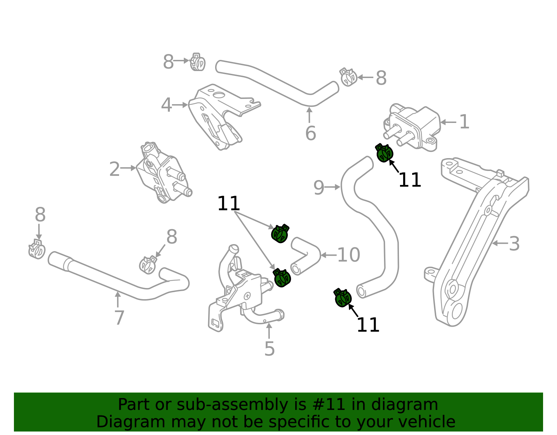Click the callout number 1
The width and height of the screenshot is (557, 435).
click(464, 122)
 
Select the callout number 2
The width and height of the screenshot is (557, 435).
click(114, 170)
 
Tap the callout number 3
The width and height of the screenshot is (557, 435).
click(514, 244)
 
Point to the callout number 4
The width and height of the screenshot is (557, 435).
click(166, 105)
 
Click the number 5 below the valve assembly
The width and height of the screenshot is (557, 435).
click(269, 349)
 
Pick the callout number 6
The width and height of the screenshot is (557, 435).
click(310, 133)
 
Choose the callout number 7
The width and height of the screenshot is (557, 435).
click(119, 318)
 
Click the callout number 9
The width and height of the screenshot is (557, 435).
click(319, 188)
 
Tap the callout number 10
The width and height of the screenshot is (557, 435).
click(348, 255)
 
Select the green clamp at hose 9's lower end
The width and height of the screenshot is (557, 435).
click(343, 298)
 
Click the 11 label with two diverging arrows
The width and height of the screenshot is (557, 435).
click(228, 204)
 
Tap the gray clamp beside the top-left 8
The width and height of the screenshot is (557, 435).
click(198, 63)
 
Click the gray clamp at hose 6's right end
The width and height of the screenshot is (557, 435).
click(348, 77)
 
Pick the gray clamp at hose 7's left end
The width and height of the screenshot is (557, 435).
click(37, 249)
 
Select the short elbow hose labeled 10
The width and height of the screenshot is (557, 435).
click(305, 255)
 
